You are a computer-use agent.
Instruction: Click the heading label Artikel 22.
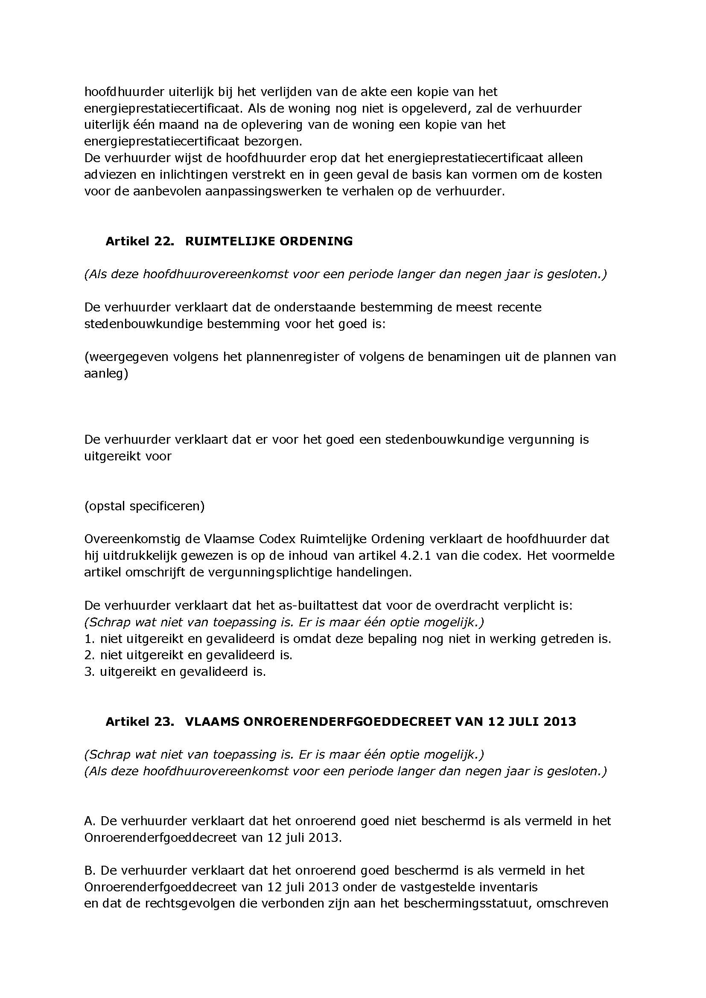pos(140,241)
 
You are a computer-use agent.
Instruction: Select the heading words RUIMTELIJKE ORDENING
pos(268,241)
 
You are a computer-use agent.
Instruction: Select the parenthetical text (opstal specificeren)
pos(144,506)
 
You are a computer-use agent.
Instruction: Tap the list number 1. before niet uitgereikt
pos(89,639)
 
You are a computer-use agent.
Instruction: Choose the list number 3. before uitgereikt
pos(89,672)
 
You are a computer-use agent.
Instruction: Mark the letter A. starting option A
pos(90,821)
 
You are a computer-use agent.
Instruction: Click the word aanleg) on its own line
pos(106,373)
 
